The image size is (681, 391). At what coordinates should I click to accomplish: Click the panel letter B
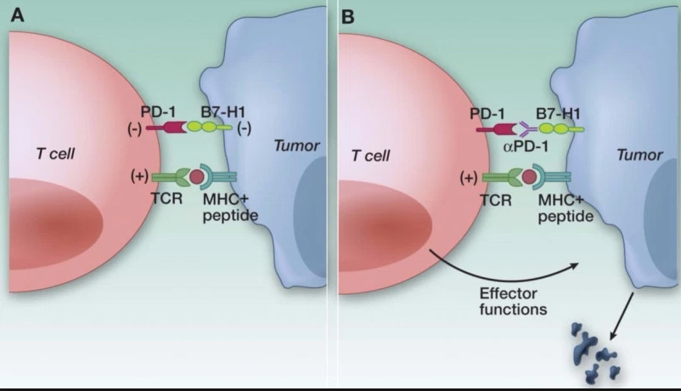coord(346,14)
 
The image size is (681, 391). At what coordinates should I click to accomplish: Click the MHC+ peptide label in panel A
coord(228,209)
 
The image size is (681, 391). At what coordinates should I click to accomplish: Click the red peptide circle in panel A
coord(195,178)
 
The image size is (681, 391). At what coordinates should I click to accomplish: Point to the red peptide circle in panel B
coord(529,178)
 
